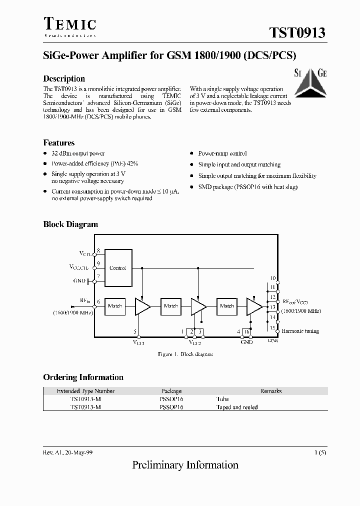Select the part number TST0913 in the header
coord(297,32)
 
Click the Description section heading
coord(64,78)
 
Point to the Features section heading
coord(59,142)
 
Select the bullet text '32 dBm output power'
coord(78,153)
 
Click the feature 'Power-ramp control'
coord(222,153)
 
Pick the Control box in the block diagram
coord(117,268)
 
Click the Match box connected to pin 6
coord(115,306)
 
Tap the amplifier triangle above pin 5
coord(142,306)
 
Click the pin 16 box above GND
coord(246,331)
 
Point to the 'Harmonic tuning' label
coord(300,331)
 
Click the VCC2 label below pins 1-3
coord(194,343)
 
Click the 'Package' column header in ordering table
coord(171,391)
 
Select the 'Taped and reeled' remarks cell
coord(236,407)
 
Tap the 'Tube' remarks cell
coord(222,399)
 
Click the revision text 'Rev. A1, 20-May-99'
coord(67,452)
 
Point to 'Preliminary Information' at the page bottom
coord(185,465)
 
